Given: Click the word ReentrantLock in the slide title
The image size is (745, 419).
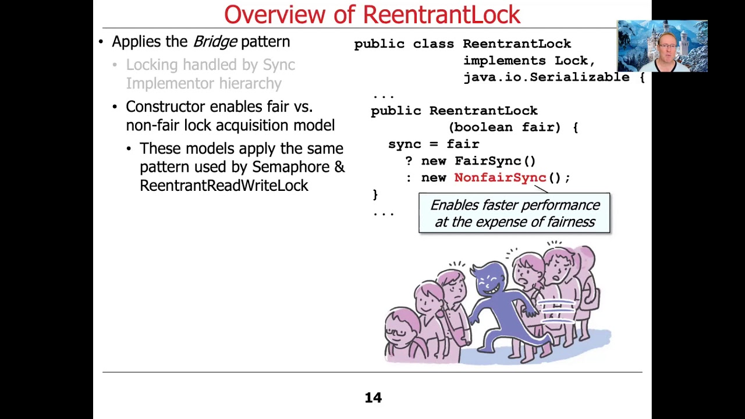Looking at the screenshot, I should point(443,15).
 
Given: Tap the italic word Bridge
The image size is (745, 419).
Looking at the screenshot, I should point(215,41).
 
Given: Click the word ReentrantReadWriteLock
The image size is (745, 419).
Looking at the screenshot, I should point(223,186).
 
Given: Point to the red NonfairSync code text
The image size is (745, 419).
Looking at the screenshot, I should point(500,177).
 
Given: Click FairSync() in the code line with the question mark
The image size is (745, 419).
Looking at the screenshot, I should point(495,161).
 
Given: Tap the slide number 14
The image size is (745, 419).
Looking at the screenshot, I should point(373,397).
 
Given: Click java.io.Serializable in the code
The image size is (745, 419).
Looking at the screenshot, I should point(546,77).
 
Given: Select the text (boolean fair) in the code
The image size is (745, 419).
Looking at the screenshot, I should point(505,127).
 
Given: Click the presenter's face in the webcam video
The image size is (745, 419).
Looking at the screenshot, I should point(667,45).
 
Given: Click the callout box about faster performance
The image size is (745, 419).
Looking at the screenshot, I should point(514,214).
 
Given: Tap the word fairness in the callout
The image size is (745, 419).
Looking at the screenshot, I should point(567,222).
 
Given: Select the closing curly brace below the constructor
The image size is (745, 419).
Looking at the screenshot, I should point(375,194).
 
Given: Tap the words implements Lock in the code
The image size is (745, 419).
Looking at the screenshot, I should point(528,61).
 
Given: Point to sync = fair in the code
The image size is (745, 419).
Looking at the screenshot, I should point(434,144).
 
